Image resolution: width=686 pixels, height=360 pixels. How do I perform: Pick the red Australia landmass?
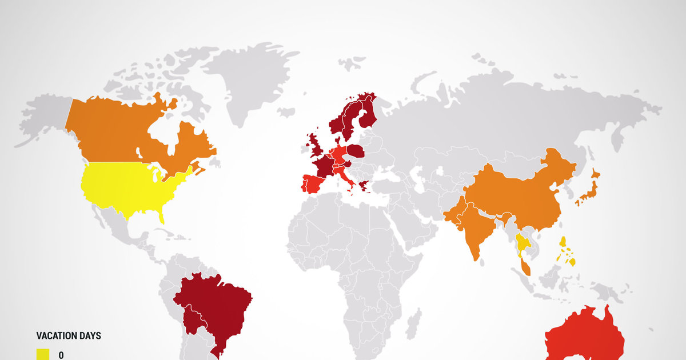[583, 337]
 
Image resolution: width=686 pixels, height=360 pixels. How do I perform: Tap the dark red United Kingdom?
[314, 146]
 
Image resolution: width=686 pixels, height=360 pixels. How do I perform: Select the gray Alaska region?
[46, 114]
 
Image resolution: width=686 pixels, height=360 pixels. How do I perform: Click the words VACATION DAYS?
[69, 336]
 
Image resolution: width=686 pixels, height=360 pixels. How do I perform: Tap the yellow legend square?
[43, 354]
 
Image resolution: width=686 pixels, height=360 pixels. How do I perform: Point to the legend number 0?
[61, 355]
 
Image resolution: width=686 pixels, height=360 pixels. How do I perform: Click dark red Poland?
[356, 151]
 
